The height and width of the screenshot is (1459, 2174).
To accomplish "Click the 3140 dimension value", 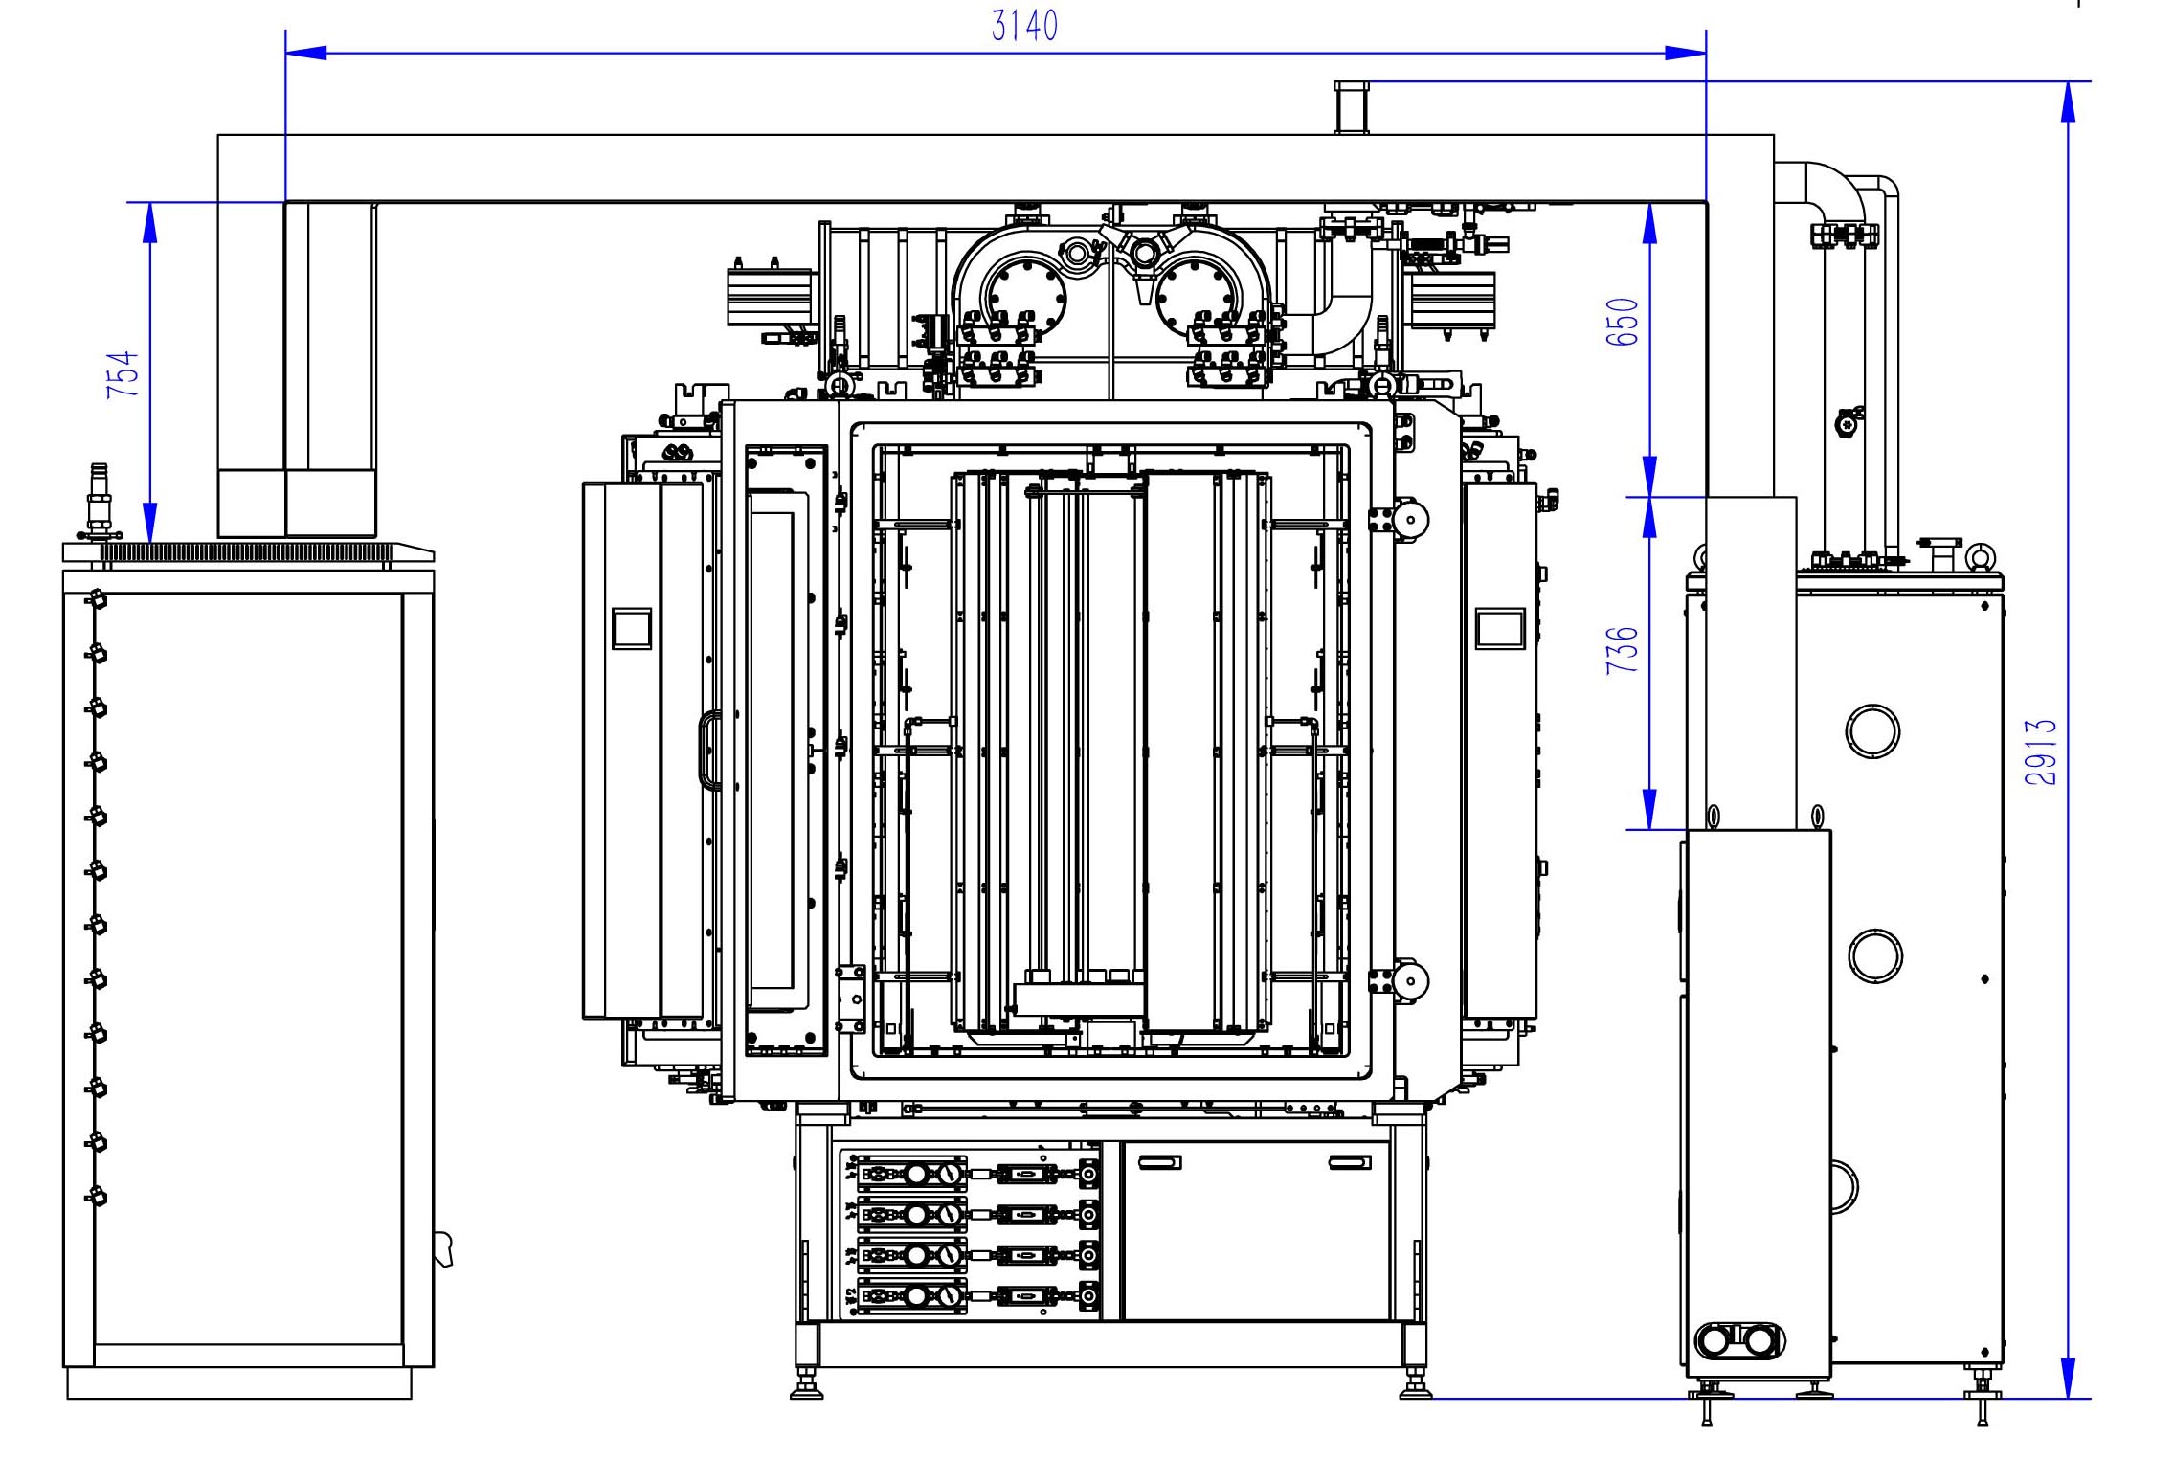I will [x=1023, y=26].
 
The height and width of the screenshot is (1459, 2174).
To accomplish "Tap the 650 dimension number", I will [x=1622, y=322].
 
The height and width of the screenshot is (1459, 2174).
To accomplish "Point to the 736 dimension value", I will [x=1622, y=650].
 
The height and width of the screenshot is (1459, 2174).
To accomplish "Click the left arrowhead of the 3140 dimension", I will [x=306, y=53].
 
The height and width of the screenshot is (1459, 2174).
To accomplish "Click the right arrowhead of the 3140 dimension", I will [x=1685, y=53].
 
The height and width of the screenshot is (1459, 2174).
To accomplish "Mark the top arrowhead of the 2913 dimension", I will [x=2068, y=101].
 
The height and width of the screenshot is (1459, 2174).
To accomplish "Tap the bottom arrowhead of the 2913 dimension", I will [x=2068, y=1379].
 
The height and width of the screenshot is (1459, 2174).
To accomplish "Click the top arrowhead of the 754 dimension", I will [x=149, y=222].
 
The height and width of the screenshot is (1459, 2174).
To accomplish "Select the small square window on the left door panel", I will [x=632, y=629].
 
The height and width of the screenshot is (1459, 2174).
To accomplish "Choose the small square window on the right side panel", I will [x=1500, y=629].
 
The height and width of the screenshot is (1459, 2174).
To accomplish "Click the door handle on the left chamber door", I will [x=708, y=750].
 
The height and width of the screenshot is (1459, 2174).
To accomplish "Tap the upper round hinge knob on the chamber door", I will [x=1409, y=520].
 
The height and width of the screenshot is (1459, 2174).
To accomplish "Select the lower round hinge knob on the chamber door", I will [x=1409, y=980].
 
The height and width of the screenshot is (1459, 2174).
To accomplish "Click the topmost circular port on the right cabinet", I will [x=1872, y=731].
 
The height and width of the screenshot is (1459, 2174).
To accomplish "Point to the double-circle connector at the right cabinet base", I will [x=1739, y=1340].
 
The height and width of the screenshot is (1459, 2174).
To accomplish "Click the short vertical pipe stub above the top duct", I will [x=1352, y=107].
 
